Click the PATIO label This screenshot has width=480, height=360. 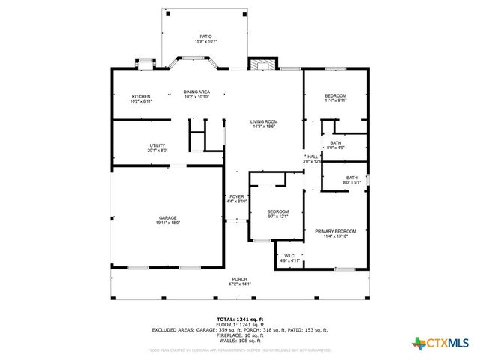[x=205, y=36]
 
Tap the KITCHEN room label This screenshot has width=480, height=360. [x=141, y=96]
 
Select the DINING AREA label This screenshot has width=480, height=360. [x=196, y=91]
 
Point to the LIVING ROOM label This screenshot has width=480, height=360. [x=264, y=121]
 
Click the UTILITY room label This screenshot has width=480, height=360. [x=157, y=145]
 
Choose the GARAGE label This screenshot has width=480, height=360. [x=167, y=217]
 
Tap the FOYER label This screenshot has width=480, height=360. [x=237, y=196]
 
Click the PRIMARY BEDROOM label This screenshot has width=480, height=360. [x=335, y=231]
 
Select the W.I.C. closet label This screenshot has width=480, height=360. [x=290, y=256]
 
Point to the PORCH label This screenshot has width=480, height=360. [x=240, y=279]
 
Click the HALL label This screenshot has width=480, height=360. [x=313, y=156]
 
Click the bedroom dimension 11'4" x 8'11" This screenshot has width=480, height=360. [x=335, y=100]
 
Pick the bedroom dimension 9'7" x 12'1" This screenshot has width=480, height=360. [x=277, y=217]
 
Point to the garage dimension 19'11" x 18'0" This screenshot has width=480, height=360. [x=167, y=223]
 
